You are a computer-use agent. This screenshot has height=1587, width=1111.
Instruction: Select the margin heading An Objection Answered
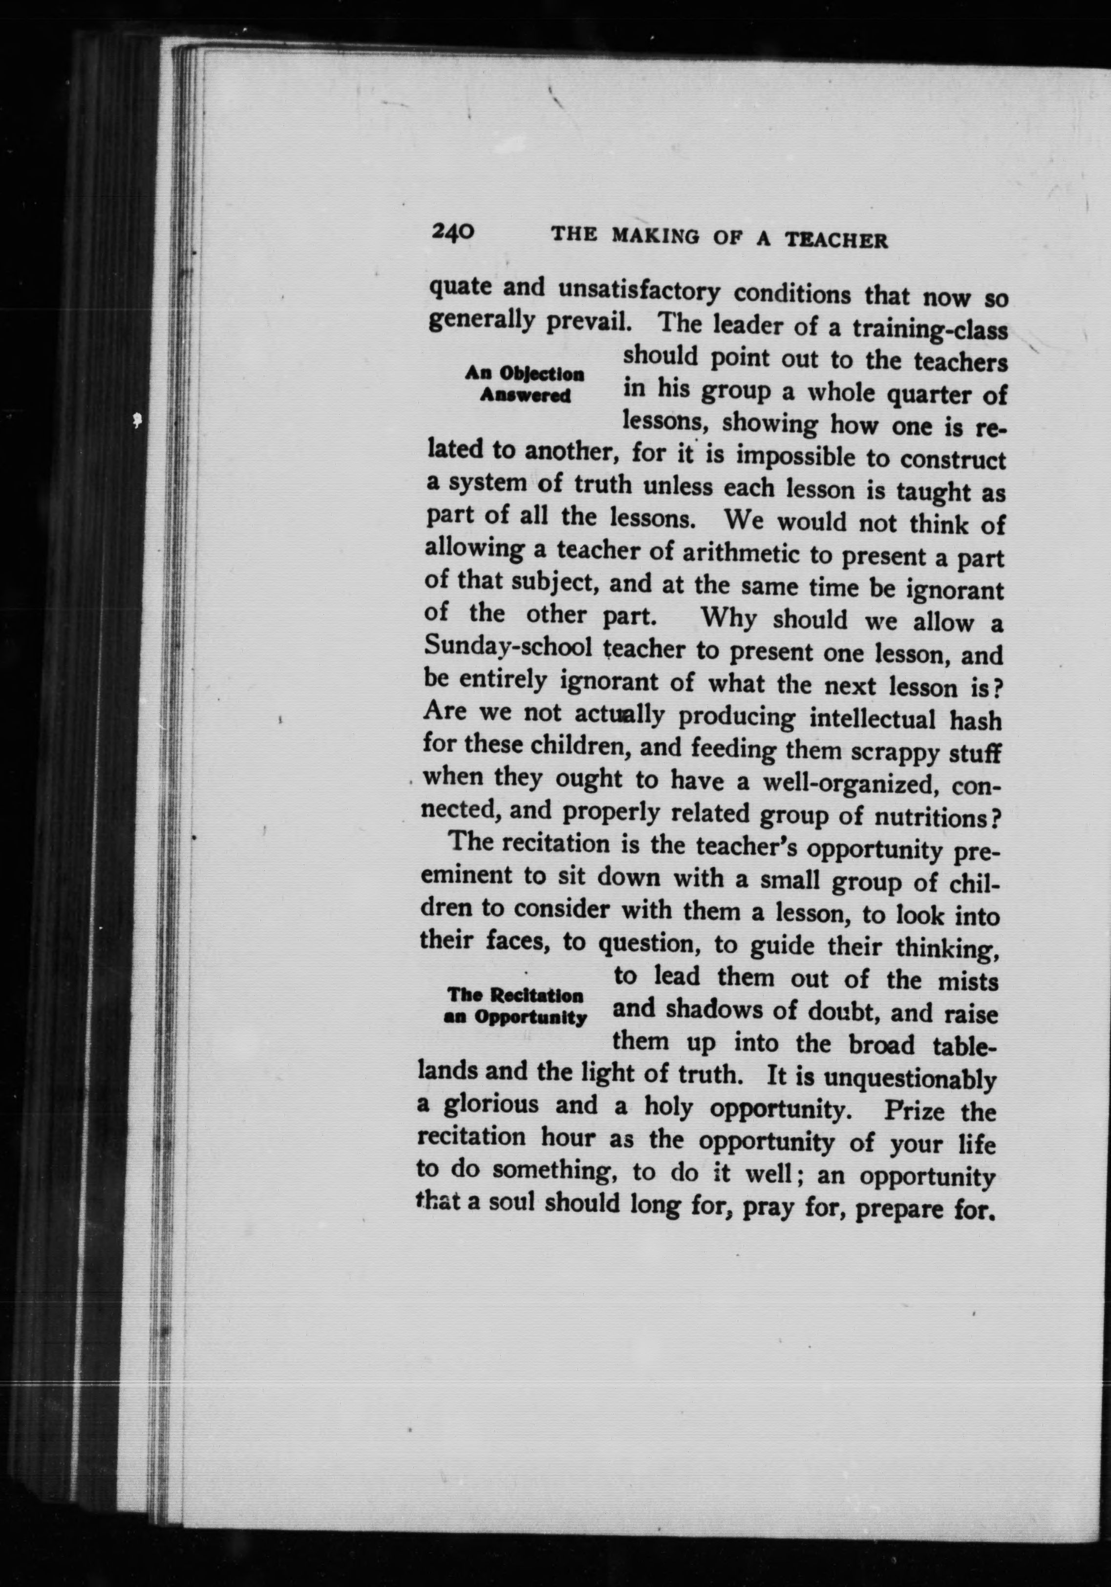(525, 384)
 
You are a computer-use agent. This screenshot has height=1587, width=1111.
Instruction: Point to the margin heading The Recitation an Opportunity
(516, 1006)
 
